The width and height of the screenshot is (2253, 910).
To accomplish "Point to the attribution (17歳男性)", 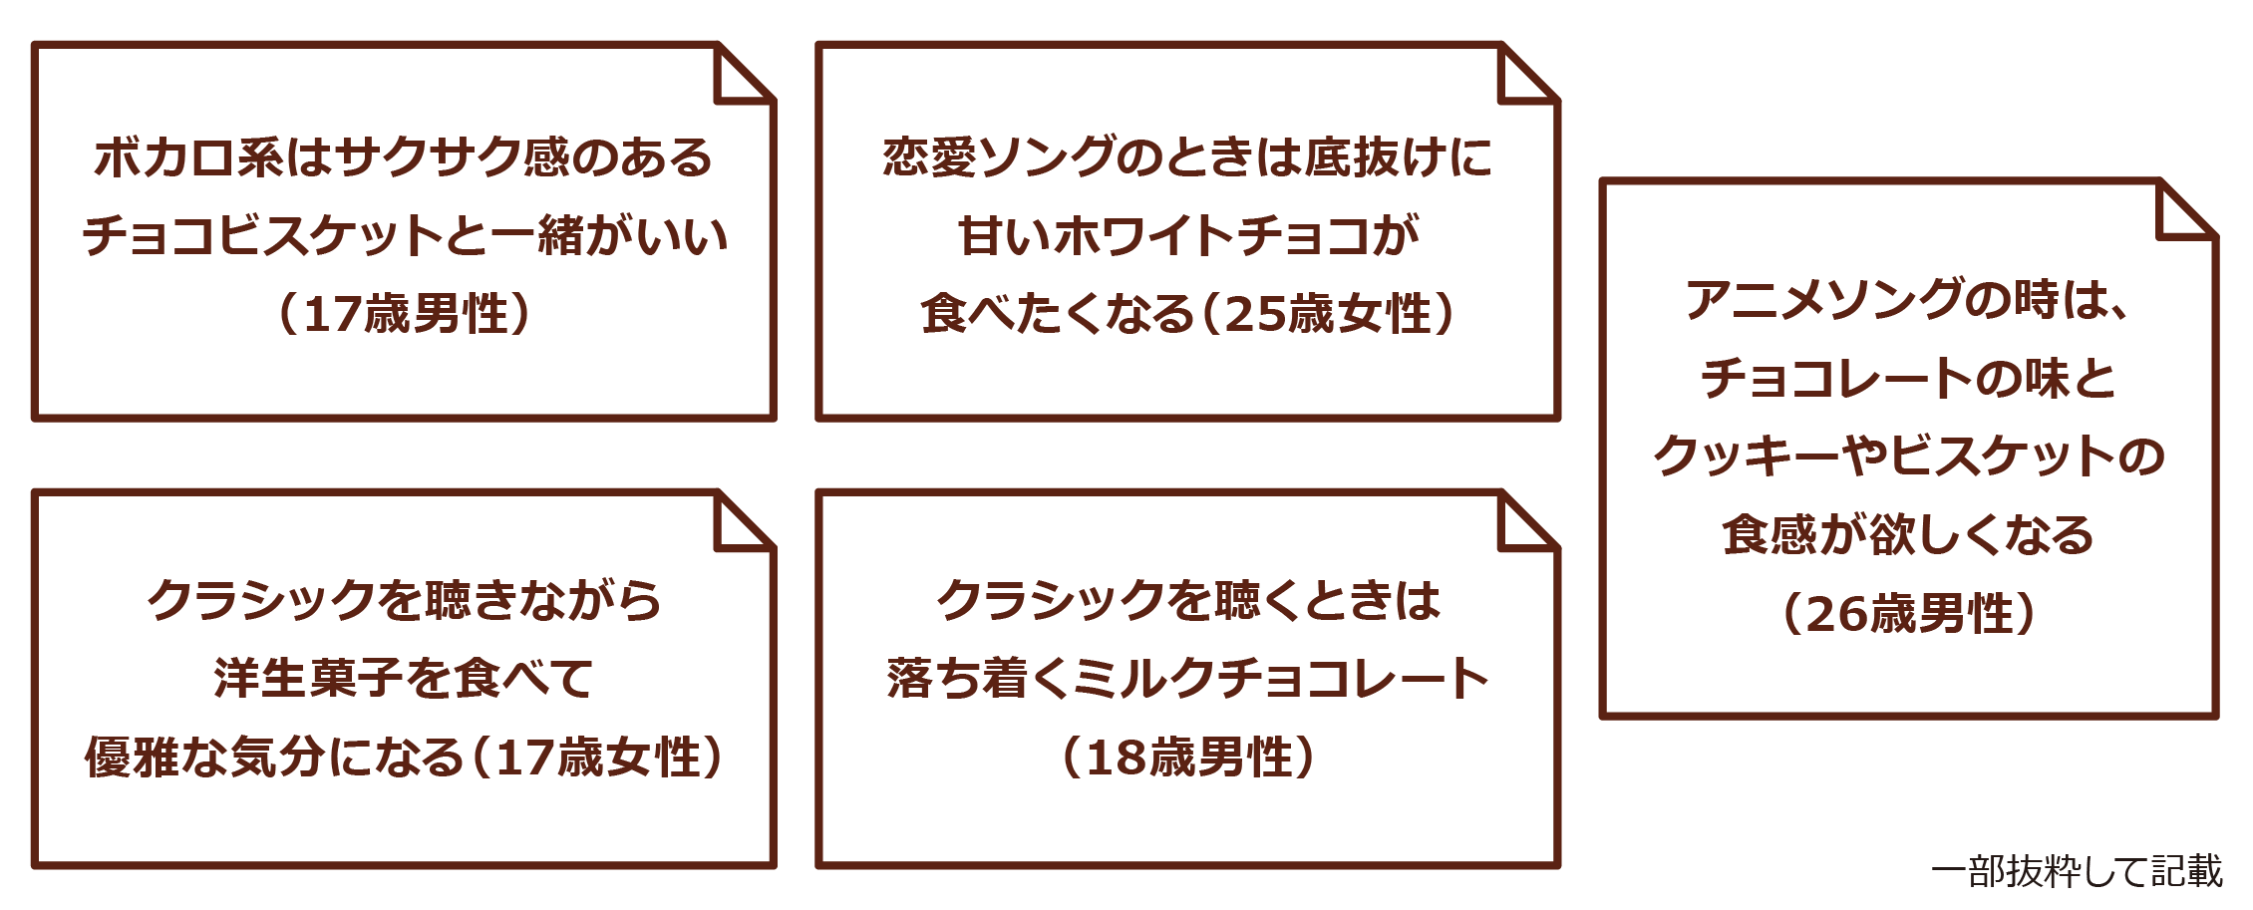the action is tap(404, 314).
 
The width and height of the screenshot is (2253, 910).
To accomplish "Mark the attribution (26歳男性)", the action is tap(1908, 614).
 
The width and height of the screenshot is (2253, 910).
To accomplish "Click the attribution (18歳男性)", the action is tap(1187, 758).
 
